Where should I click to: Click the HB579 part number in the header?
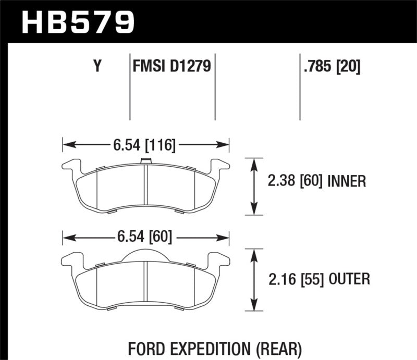(78, 22)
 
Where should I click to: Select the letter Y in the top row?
(96, 67)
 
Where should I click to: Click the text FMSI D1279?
(172, 67)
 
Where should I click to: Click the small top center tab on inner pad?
(146, 160)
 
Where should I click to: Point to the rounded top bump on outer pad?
(146, 253)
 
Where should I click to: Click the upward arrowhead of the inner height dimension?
(254, 162)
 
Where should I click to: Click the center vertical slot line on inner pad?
(146, 188)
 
